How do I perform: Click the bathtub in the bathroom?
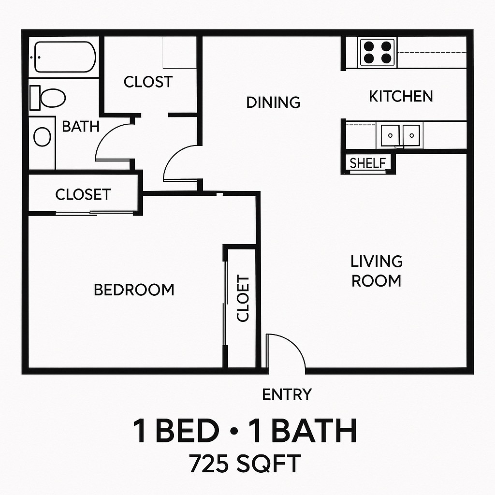click(65, 57)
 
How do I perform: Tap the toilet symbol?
click(48, 98)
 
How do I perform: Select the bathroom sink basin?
click(42, 137)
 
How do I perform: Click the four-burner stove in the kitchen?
click(377, 52)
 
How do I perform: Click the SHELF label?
click(368, 163)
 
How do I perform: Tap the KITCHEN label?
click(401, 96)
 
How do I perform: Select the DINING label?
click(273, 102)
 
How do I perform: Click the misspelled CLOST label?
click(148, 82)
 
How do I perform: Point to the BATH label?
click(81, 127)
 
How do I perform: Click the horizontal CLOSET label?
click(83, 195)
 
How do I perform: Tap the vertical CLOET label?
click(243, 298)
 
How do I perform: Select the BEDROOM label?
click(134, 290)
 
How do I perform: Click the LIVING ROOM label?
click(376, 271)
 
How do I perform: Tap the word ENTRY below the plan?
click(287, 394)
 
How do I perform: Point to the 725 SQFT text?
click(245, 464)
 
